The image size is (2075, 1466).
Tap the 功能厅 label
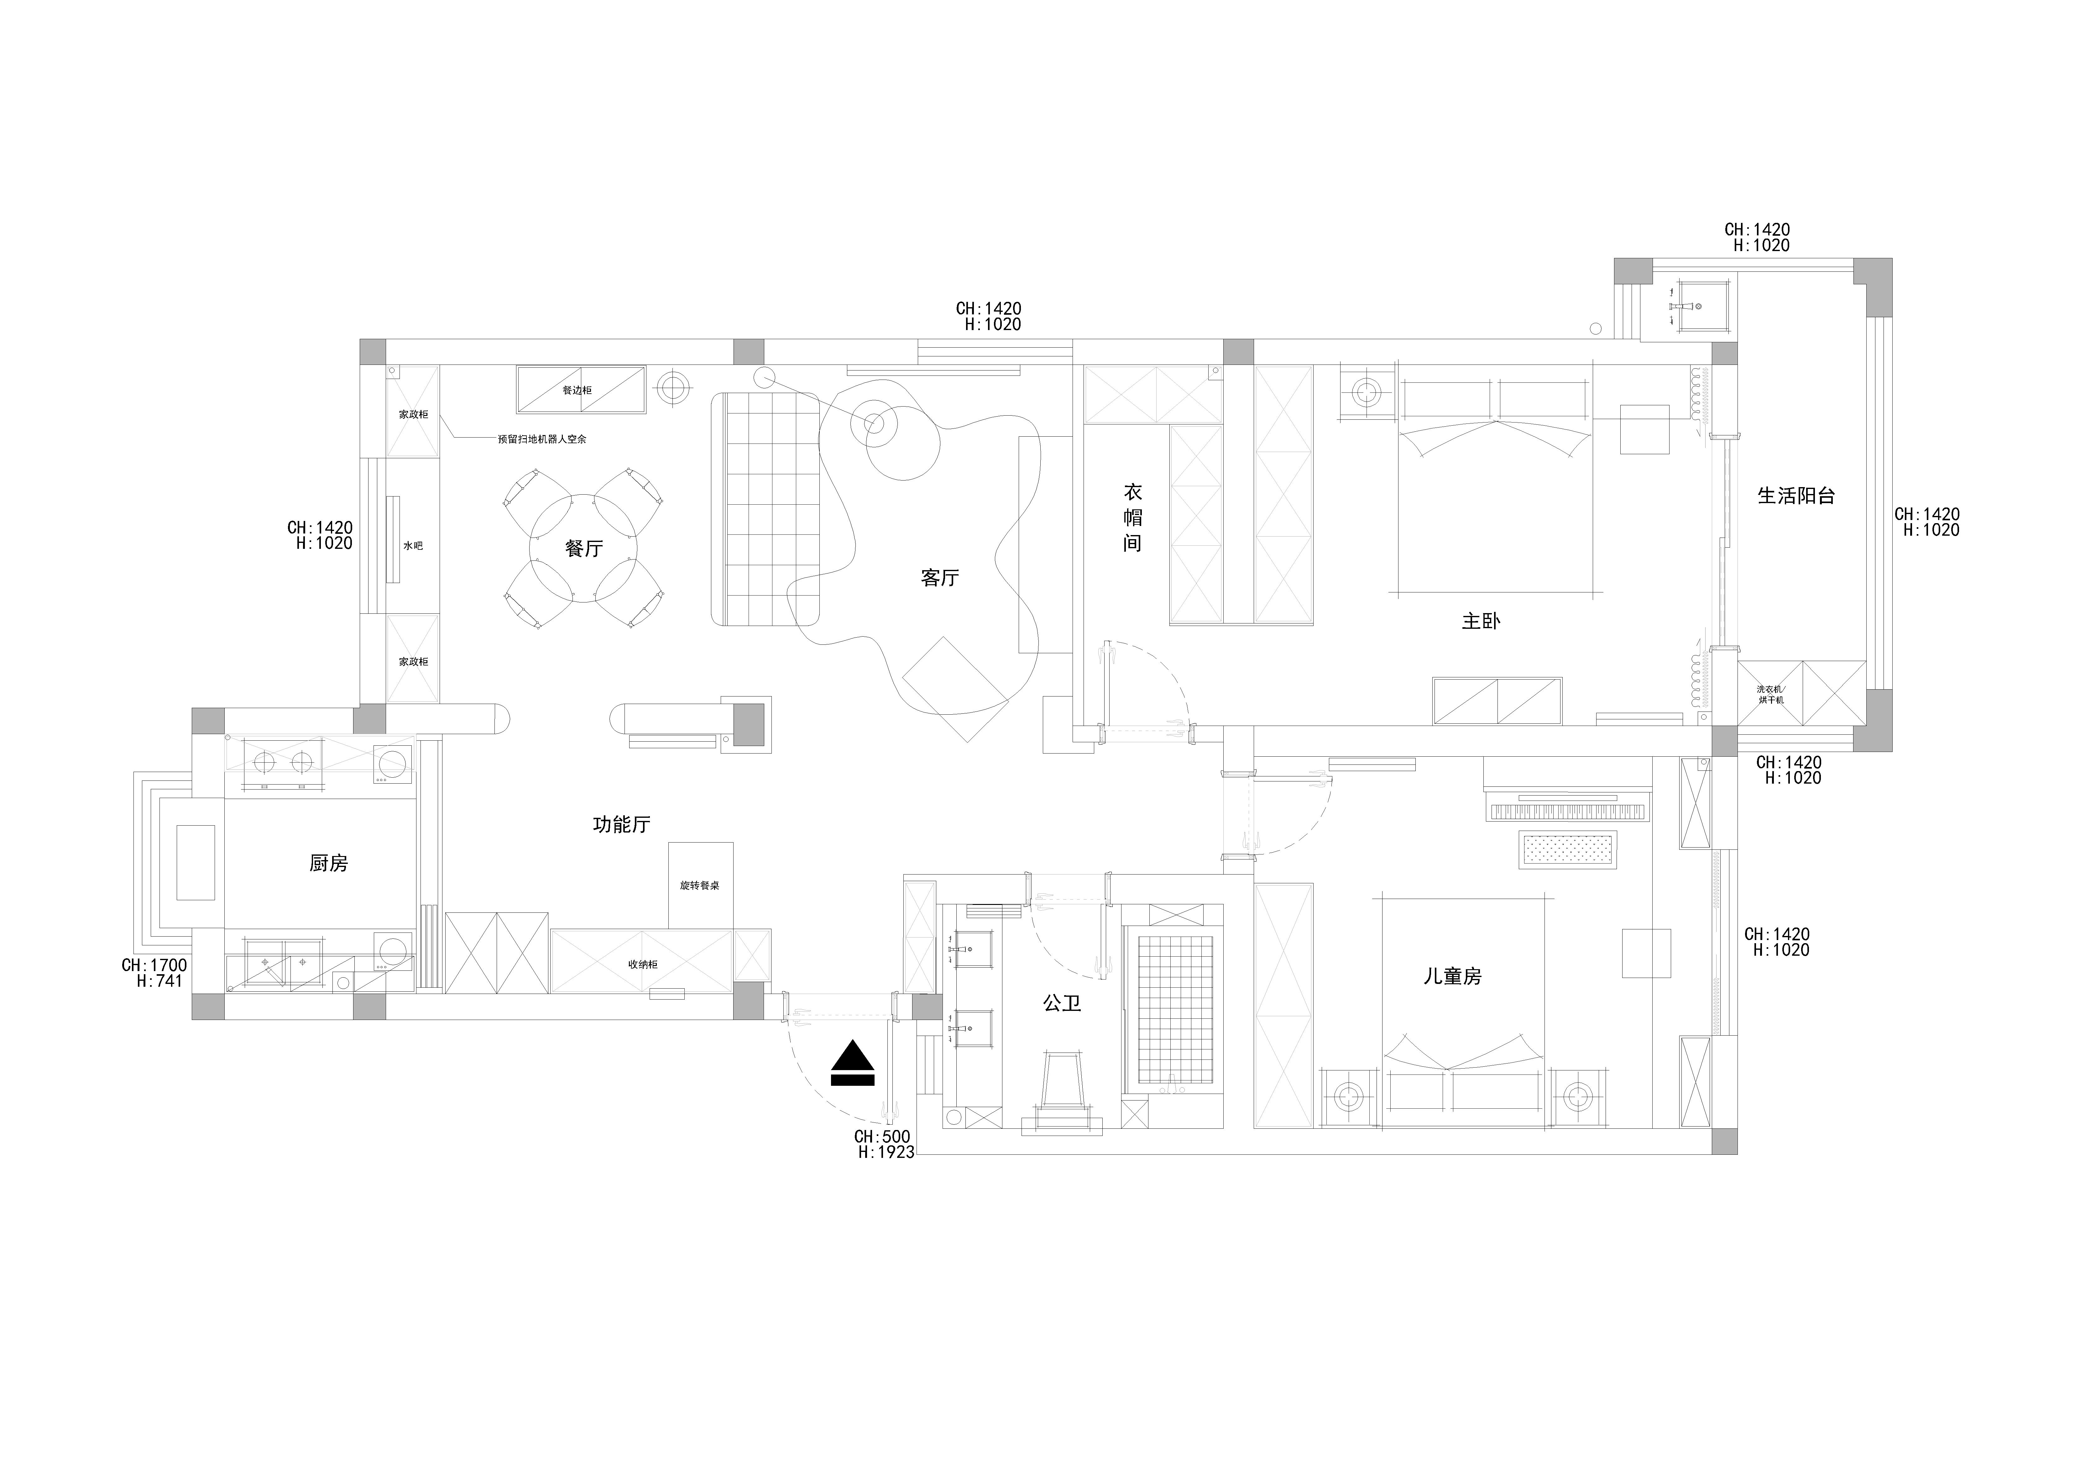pos(622,824)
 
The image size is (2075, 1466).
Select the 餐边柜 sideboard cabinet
pos(581,390)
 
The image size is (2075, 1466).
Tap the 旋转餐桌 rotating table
pos(700,886)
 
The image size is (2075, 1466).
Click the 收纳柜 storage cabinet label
pos(644,964)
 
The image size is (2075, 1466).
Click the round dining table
pos(584,549)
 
